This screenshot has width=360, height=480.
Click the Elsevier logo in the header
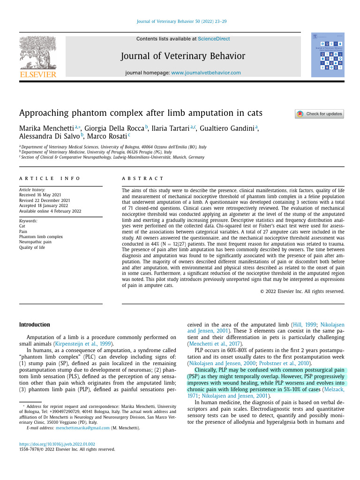point(37,57)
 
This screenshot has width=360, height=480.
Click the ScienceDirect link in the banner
point(214,39)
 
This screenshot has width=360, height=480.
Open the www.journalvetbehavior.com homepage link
point(206,73)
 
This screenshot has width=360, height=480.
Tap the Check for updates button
point(319,114)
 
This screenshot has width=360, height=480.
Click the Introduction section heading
point(34,324)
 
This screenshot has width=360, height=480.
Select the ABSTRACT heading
point(142,179)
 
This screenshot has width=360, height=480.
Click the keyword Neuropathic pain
point(35,242)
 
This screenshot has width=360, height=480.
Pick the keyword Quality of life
point(32,247)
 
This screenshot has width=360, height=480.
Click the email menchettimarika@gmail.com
point(82,428)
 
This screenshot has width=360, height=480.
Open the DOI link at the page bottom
point(57,444)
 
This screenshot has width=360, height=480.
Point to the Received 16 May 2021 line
point(40,194)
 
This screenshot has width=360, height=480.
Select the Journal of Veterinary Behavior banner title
point(183,56)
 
